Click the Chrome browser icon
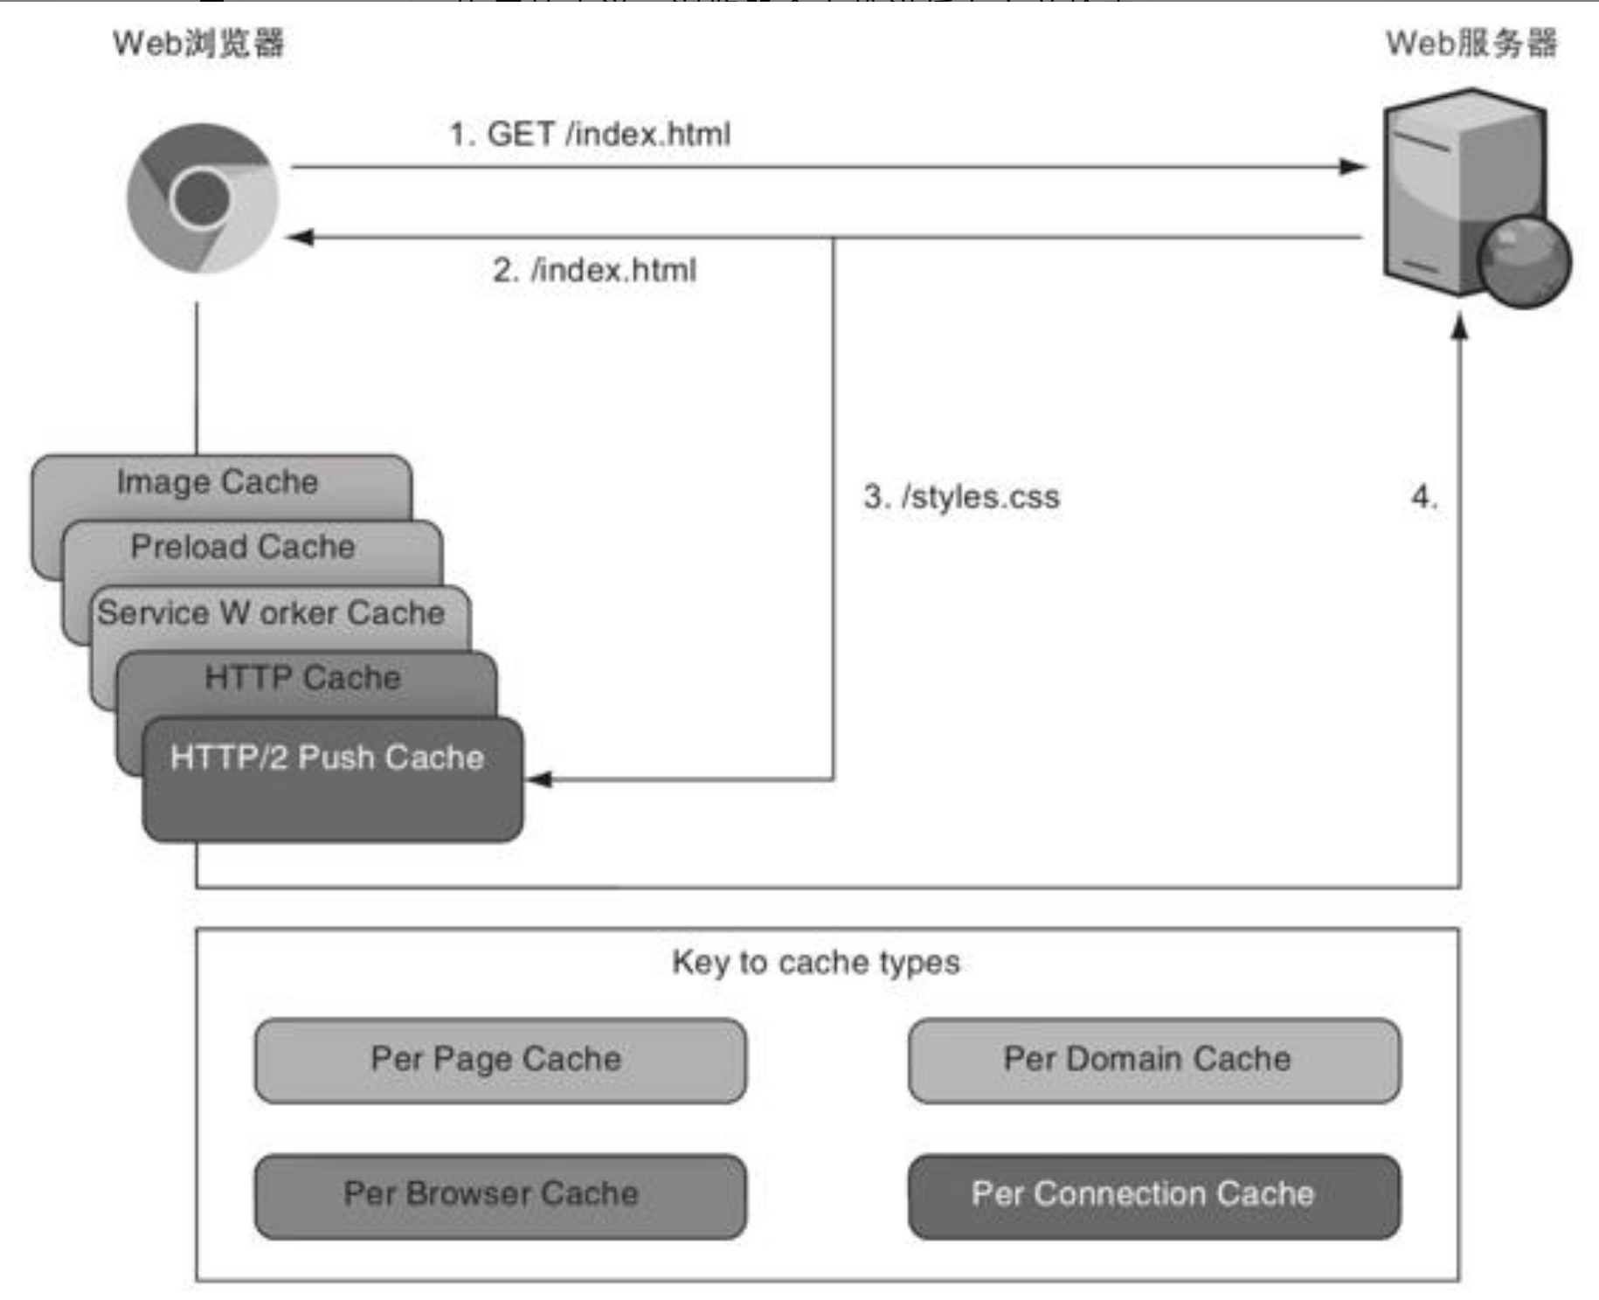(x=203, y=198)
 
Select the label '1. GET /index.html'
(x=590, y=135)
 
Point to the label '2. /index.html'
(x=594, y=270)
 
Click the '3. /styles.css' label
(x=961, y=497)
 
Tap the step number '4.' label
(x=1424, y=497)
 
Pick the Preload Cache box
(x=243, y=548)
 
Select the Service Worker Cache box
(x=271, y=613)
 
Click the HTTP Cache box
(x=302, y=679)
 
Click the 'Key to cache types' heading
(x=815, y=962)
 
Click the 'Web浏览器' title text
(x=198, y=43)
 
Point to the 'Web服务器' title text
(x=1471, y=43)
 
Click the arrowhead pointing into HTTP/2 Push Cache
(x=539, y=778)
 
